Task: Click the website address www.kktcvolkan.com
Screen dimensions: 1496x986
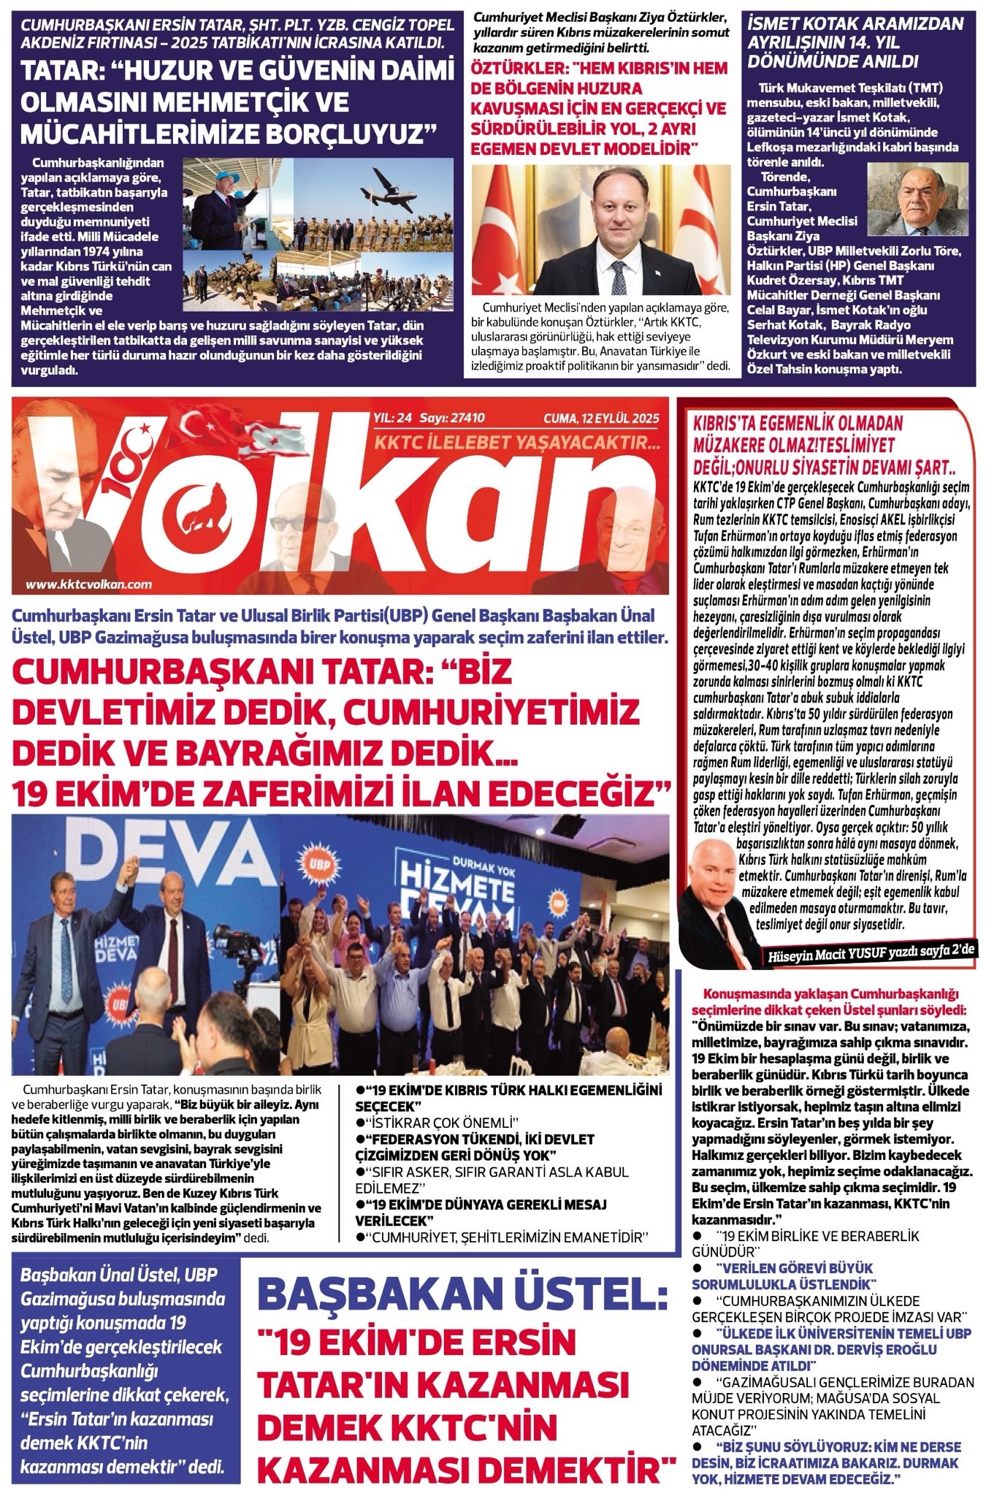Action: point(88,584)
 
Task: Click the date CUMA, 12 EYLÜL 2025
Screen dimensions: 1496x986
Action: point(600,418)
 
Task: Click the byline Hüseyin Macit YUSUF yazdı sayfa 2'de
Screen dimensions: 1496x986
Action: point(873,953)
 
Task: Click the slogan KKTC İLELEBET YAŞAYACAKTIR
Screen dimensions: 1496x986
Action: point(517,442)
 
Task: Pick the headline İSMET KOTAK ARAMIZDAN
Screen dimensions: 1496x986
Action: point(854,25)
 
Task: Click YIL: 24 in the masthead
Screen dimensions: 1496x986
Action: point(392,418)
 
